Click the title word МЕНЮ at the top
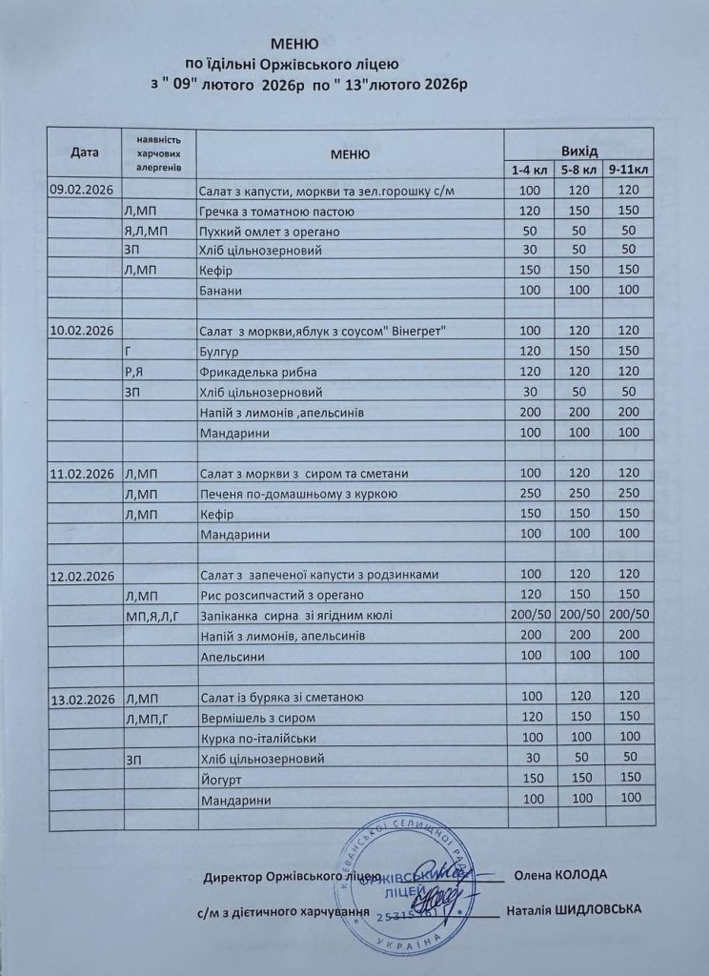(295, 44)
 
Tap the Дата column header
(85, 152)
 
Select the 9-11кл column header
(628, 170)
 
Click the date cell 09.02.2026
(81, 191)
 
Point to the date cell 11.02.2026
(82, 474)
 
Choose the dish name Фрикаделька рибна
(258, 372)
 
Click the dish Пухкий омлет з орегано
(271, 231)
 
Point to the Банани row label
(223, 290)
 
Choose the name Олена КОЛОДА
(559, 875)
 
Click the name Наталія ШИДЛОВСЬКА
(575, 909)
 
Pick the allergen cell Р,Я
(134, 372)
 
